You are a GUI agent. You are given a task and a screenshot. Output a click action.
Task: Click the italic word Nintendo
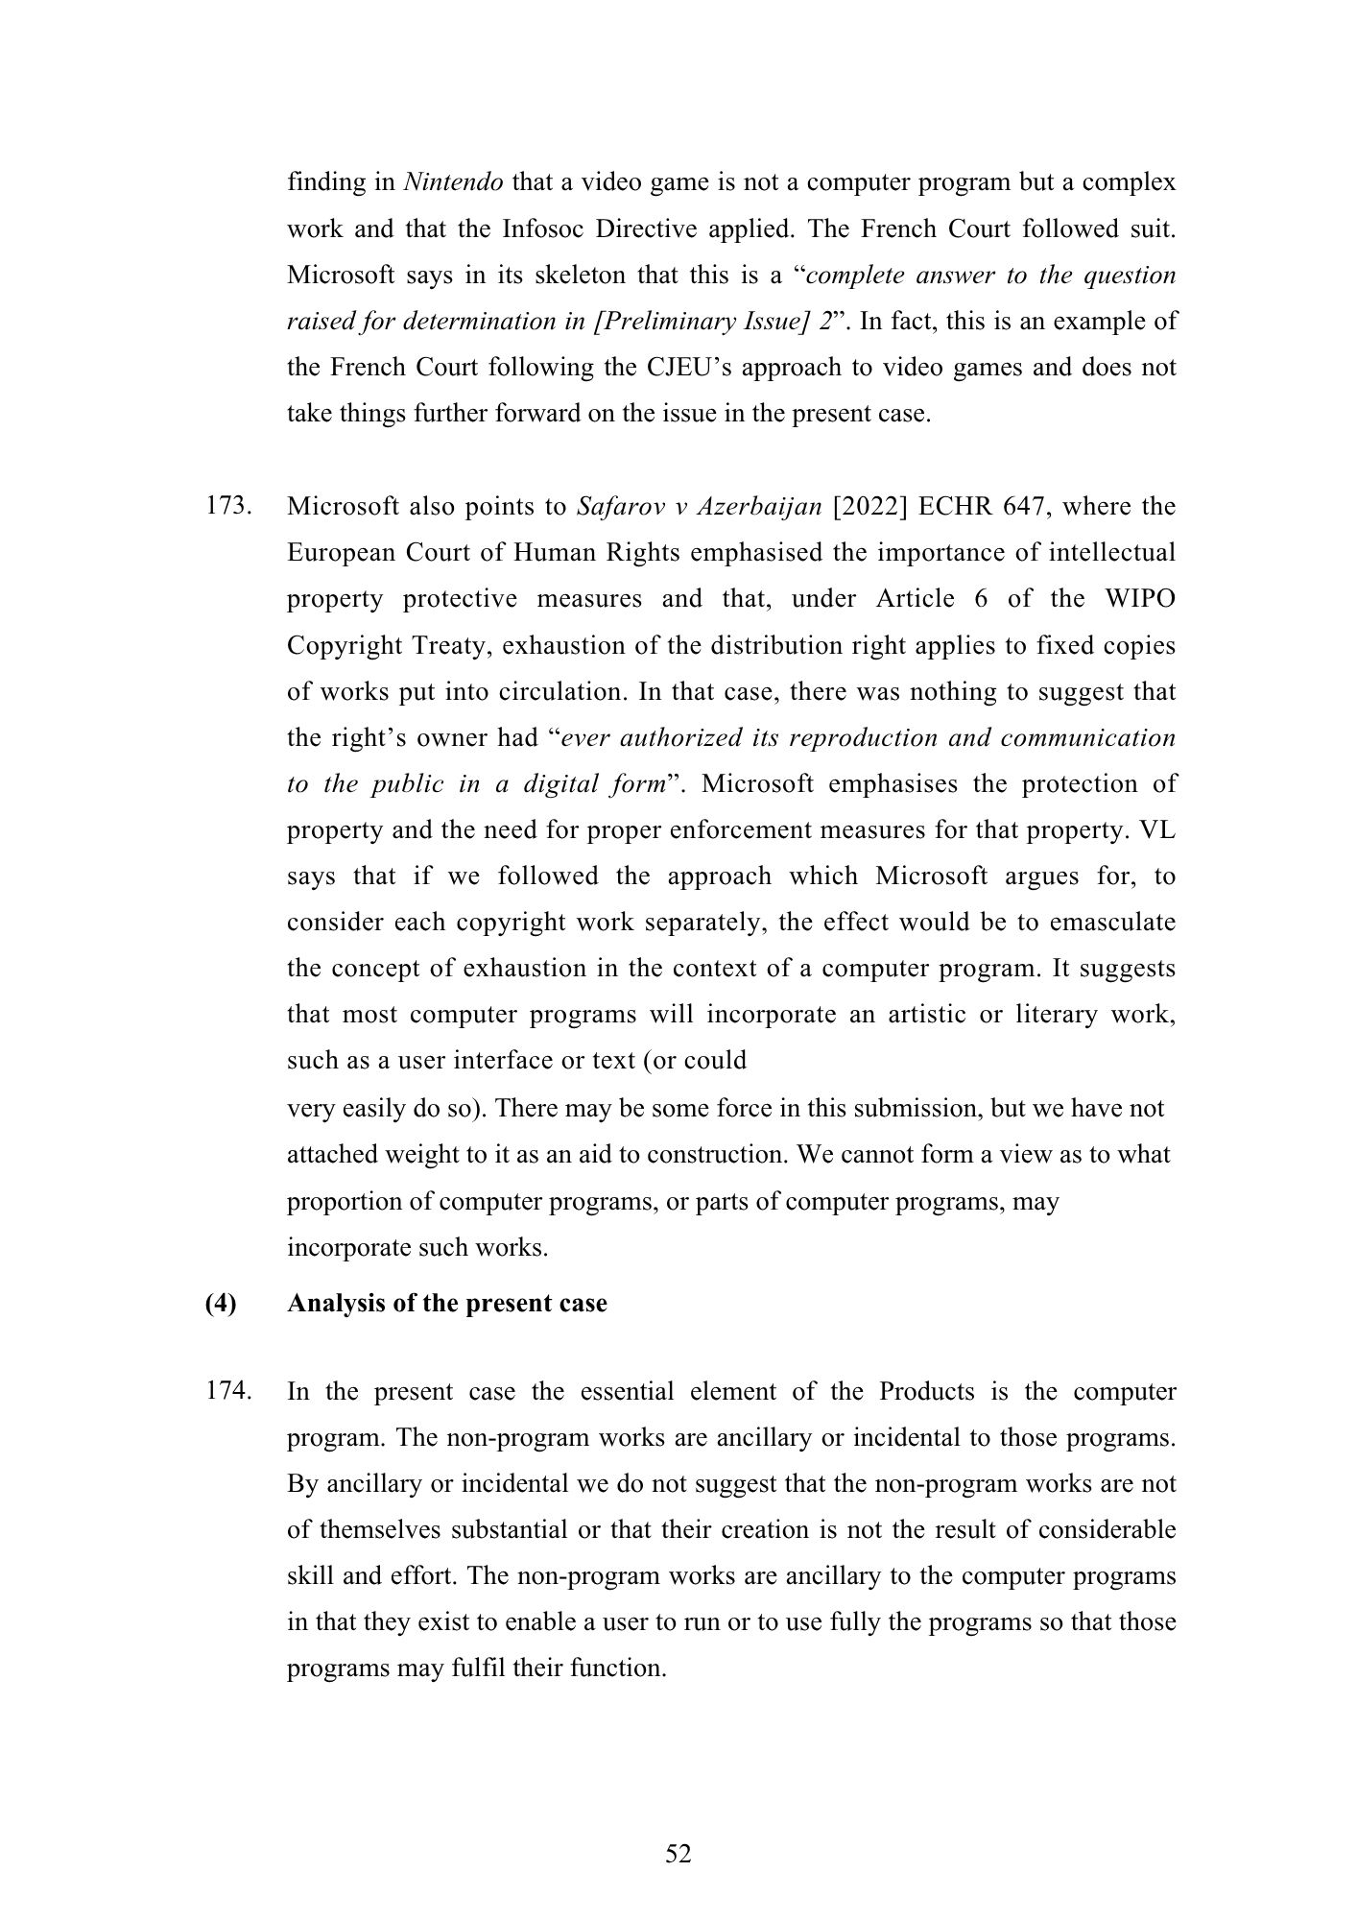pyautogui.click(x=453, y=182)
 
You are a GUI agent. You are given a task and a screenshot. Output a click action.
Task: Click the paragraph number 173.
pyautogui.click(x=228, y=506)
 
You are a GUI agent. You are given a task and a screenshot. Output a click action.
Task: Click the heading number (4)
pyautogui.click(x=221, y=1304)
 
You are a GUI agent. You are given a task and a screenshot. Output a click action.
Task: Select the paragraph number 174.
pyautogui.click(x=228, y=1391)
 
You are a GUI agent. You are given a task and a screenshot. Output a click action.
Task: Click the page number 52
pyautogui.click(x=678, y=1854)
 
